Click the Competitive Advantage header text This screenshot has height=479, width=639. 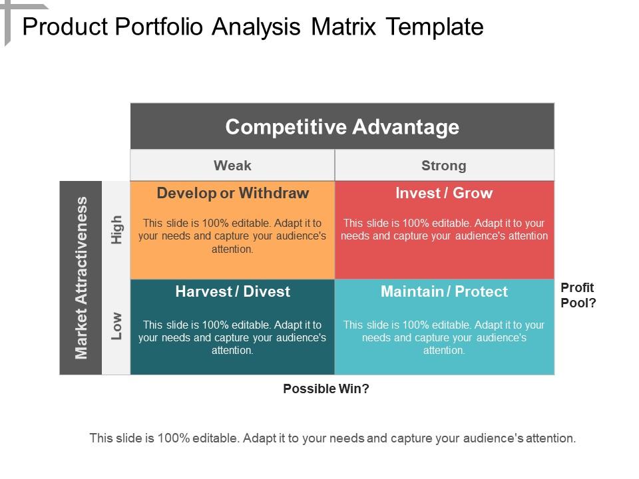[342, 126]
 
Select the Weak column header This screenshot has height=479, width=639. [232, 165]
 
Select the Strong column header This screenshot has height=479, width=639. [443, 165]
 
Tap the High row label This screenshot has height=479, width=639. [117, 230]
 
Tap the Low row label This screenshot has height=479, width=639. [117, 326]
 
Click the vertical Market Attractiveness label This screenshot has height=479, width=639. [81, 277]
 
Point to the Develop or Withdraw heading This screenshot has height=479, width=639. [232, 194]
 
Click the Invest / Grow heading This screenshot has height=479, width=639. [444, 194]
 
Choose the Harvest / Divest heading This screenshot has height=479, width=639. [232, 291]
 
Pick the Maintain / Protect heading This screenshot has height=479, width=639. [444, 291]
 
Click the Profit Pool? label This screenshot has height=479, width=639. [578, 295]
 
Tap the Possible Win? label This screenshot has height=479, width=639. [326, 389]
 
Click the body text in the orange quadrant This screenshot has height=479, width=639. [232, 236]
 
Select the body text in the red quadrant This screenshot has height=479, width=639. [444, 230]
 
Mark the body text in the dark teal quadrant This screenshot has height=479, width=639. [232, 337]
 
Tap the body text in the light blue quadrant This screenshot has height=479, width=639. [444, 337]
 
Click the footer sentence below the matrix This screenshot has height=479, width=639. [332, 438]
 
